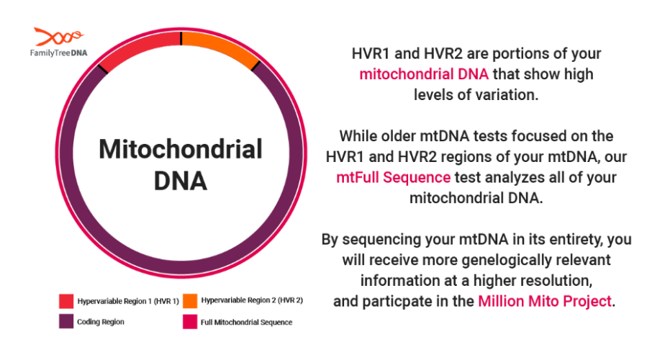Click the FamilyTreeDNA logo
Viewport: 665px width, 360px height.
click(58, 42)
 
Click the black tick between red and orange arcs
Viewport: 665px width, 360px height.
click(181, 38)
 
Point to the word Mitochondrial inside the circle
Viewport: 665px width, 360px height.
click(181, 149)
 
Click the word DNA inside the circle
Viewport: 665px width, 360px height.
click(181, 181)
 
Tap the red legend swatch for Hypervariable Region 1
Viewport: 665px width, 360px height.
click(66, 301)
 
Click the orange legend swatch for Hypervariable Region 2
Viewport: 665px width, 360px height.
click(190, 300)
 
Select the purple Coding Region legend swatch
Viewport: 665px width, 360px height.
click(66, 321)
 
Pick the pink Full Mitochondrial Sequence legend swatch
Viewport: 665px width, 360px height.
click(190, 322)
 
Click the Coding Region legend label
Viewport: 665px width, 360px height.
click(101, 322)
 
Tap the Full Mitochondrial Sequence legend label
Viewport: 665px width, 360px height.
click(246, 323)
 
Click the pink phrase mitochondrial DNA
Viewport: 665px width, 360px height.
click(424, 74)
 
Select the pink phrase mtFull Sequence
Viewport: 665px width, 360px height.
click(393, 177)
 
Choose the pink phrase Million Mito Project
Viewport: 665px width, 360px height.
click(545, 302)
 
